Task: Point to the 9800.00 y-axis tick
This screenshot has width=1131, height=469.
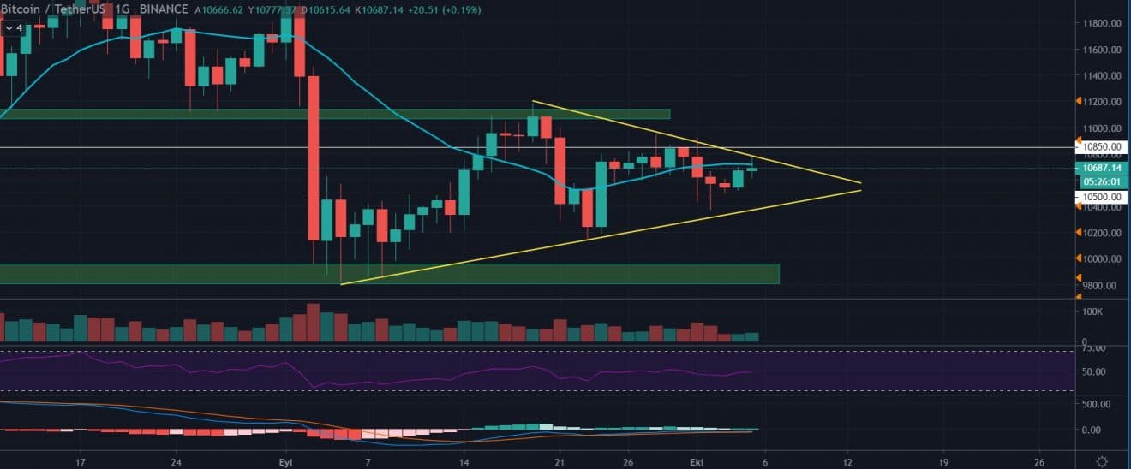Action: tap(1098, 286)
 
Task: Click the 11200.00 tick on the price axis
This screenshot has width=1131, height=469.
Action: tap(1099, 102)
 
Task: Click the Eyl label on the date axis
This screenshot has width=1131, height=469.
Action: tap(285, 460)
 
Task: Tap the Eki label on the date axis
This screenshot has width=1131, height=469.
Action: tap(697, 460)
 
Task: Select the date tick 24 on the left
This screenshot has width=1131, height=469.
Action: tap(175, 460)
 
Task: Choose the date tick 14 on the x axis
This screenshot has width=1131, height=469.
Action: tap(464, 460)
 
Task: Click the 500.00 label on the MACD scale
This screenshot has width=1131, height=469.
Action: tap(1093, 403)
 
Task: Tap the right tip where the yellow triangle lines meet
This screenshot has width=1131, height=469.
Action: tap(860, 190)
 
